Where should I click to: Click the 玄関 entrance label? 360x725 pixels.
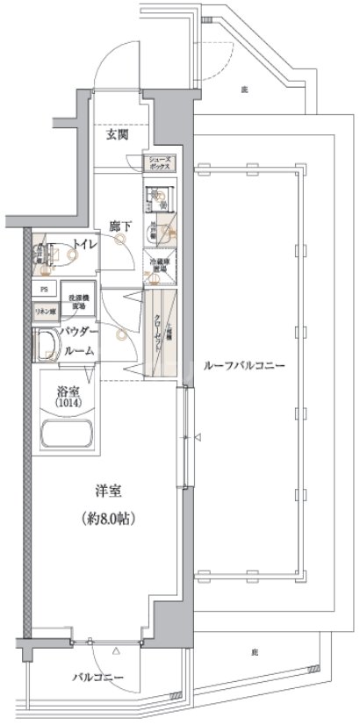[x=120, y=136]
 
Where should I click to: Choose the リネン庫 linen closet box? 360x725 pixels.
[x=45, y=312]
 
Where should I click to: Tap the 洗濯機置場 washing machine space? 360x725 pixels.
[x=76, y=300]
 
